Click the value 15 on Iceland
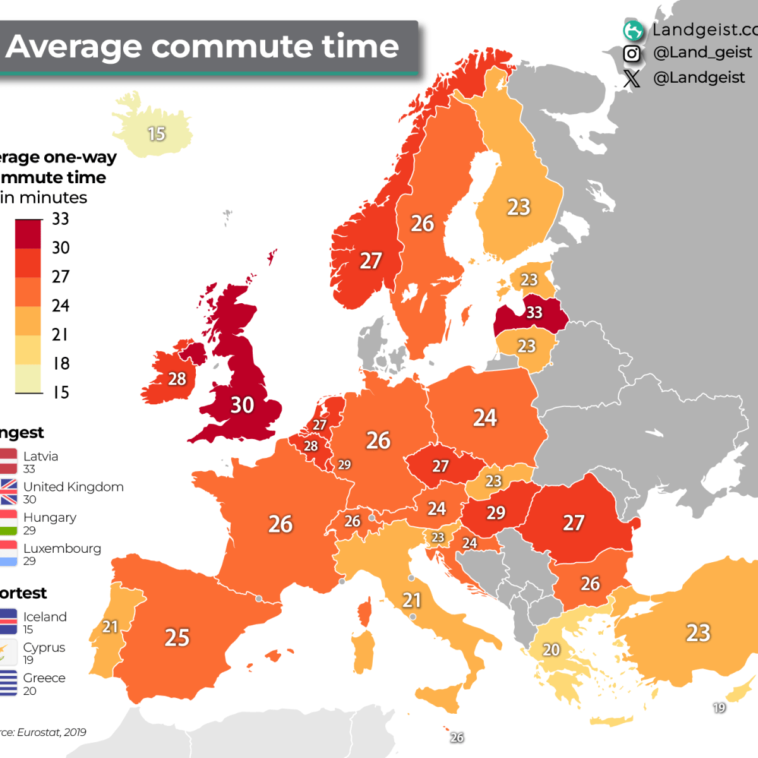156,134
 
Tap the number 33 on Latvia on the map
534,312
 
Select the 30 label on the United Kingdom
242,405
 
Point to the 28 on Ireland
177,379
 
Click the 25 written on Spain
177,637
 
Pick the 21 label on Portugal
110,627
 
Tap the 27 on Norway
371,260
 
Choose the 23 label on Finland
519,207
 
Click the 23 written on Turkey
698,633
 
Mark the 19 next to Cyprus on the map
719,708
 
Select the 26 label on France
280,524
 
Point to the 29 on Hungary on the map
496,512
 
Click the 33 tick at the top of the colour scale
61,219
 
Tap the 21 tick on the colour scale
61,335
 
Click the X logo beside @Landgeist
631,78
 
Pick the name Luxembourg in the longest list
62,548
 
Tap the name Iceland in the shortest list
45,617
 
